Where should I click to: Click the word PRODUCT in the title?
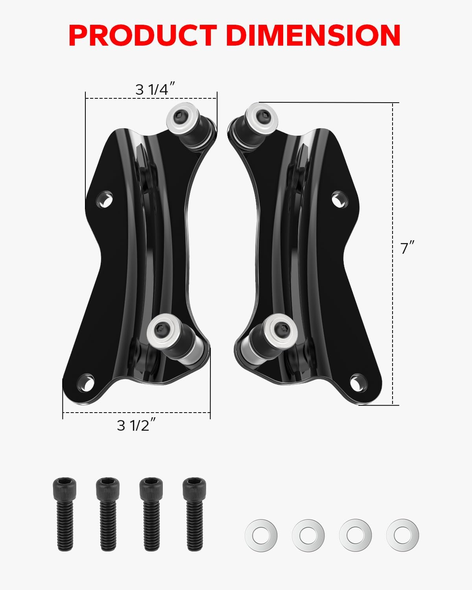[x=142, y=35]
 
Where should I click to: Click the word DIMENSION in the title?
[x=313, y=35]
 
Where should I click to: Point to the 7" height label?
[x=407, y=249]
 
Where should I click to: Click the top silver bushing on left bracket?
[x=181, y=118]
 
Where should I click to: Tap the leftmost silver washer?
[x=261, y=535]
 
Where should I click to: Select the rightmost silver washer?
[x=402, y=535]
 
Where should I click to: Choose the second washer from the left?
[x=308, y=535]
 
